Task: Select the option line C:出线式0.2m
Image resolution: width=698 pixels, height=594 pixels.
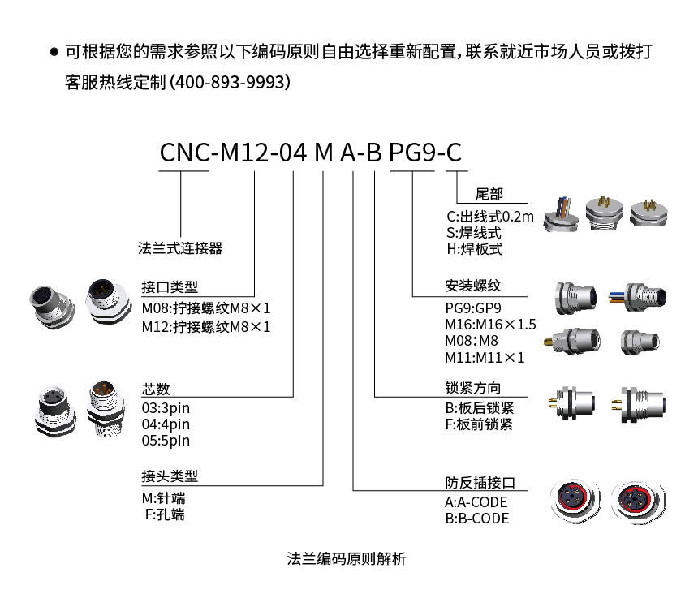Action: click(x=490, y=217)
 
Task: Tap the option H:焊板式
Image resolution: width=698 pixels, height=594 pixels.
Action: click(x=474, y=249)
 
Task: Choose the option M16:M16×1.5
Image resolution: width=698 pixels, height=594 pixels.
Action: click(x=491, y=325)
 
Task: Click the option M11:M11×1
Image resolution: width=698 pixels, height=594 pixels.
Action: click(x=485, y=357)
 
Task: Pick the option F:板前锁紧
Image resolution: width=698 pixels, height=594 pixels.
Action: click(x=479, y=424)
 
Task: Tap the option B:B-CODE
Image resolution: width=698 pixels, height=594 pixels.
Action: click(x=476, y=519)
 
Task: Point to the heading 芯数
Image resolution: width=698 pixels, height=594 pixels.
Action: click(x=156, y=390)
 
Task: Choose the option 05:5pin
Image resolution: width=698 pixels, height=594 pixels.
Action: click(x=166, y=441)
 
